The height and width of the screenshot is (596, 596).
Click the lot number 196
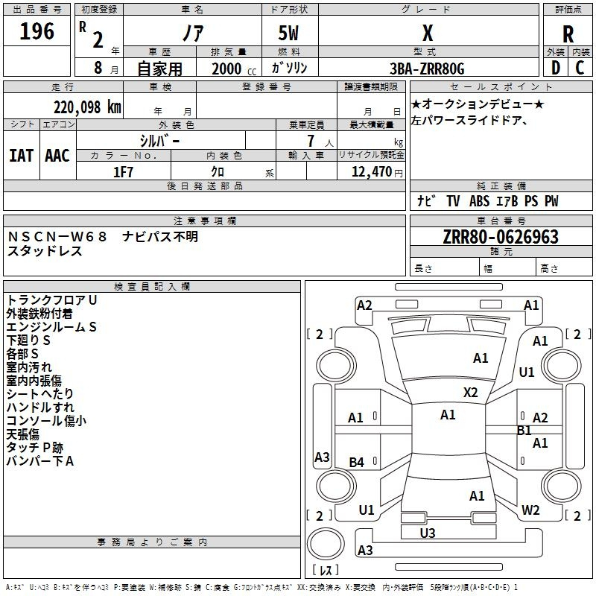click(x=37, y=32)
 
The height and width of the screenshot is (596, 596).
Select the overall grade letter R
click(x=568, y=34)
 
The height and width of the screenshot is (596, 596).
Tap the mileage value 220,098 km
click(x=87, y=107)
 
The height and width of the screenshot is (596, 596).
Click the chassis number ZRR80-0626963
click(x=501, y=237)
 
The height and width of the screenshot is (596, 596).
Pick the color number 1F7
click(x=123, y=172)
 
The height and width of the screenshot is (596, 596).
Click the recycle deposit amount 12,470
click(x=370, y=172)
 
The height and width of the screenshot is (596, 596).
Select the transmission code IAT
click(x=21, y=156)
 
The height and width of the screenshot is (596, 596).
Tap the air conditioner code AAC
click(x=57, y=156)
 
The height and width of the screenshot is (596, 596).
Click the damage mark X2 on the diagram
click(x=470, y=392)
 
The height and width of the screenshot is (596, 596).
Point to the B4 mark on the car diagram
click(x=357, y=463)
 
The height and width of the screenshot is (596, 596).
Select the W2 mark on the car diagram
click(x=530, y=510)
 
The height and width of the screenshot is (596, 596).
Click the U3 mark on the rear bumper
click(x=428, y=533)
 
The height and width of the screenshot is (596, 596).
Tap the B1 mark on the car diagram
click(x=524, y=431)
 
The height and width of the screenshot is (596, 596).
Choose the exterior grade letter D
click(x=555, y=69)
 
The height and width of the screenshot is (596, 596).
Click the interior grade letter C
click(x=580, y=69)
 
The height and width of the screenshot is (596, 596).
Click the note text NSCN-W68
click(x=57, y=237)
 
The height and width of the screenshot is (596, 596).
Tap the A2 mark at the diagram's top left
click(x=364, y=305)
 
